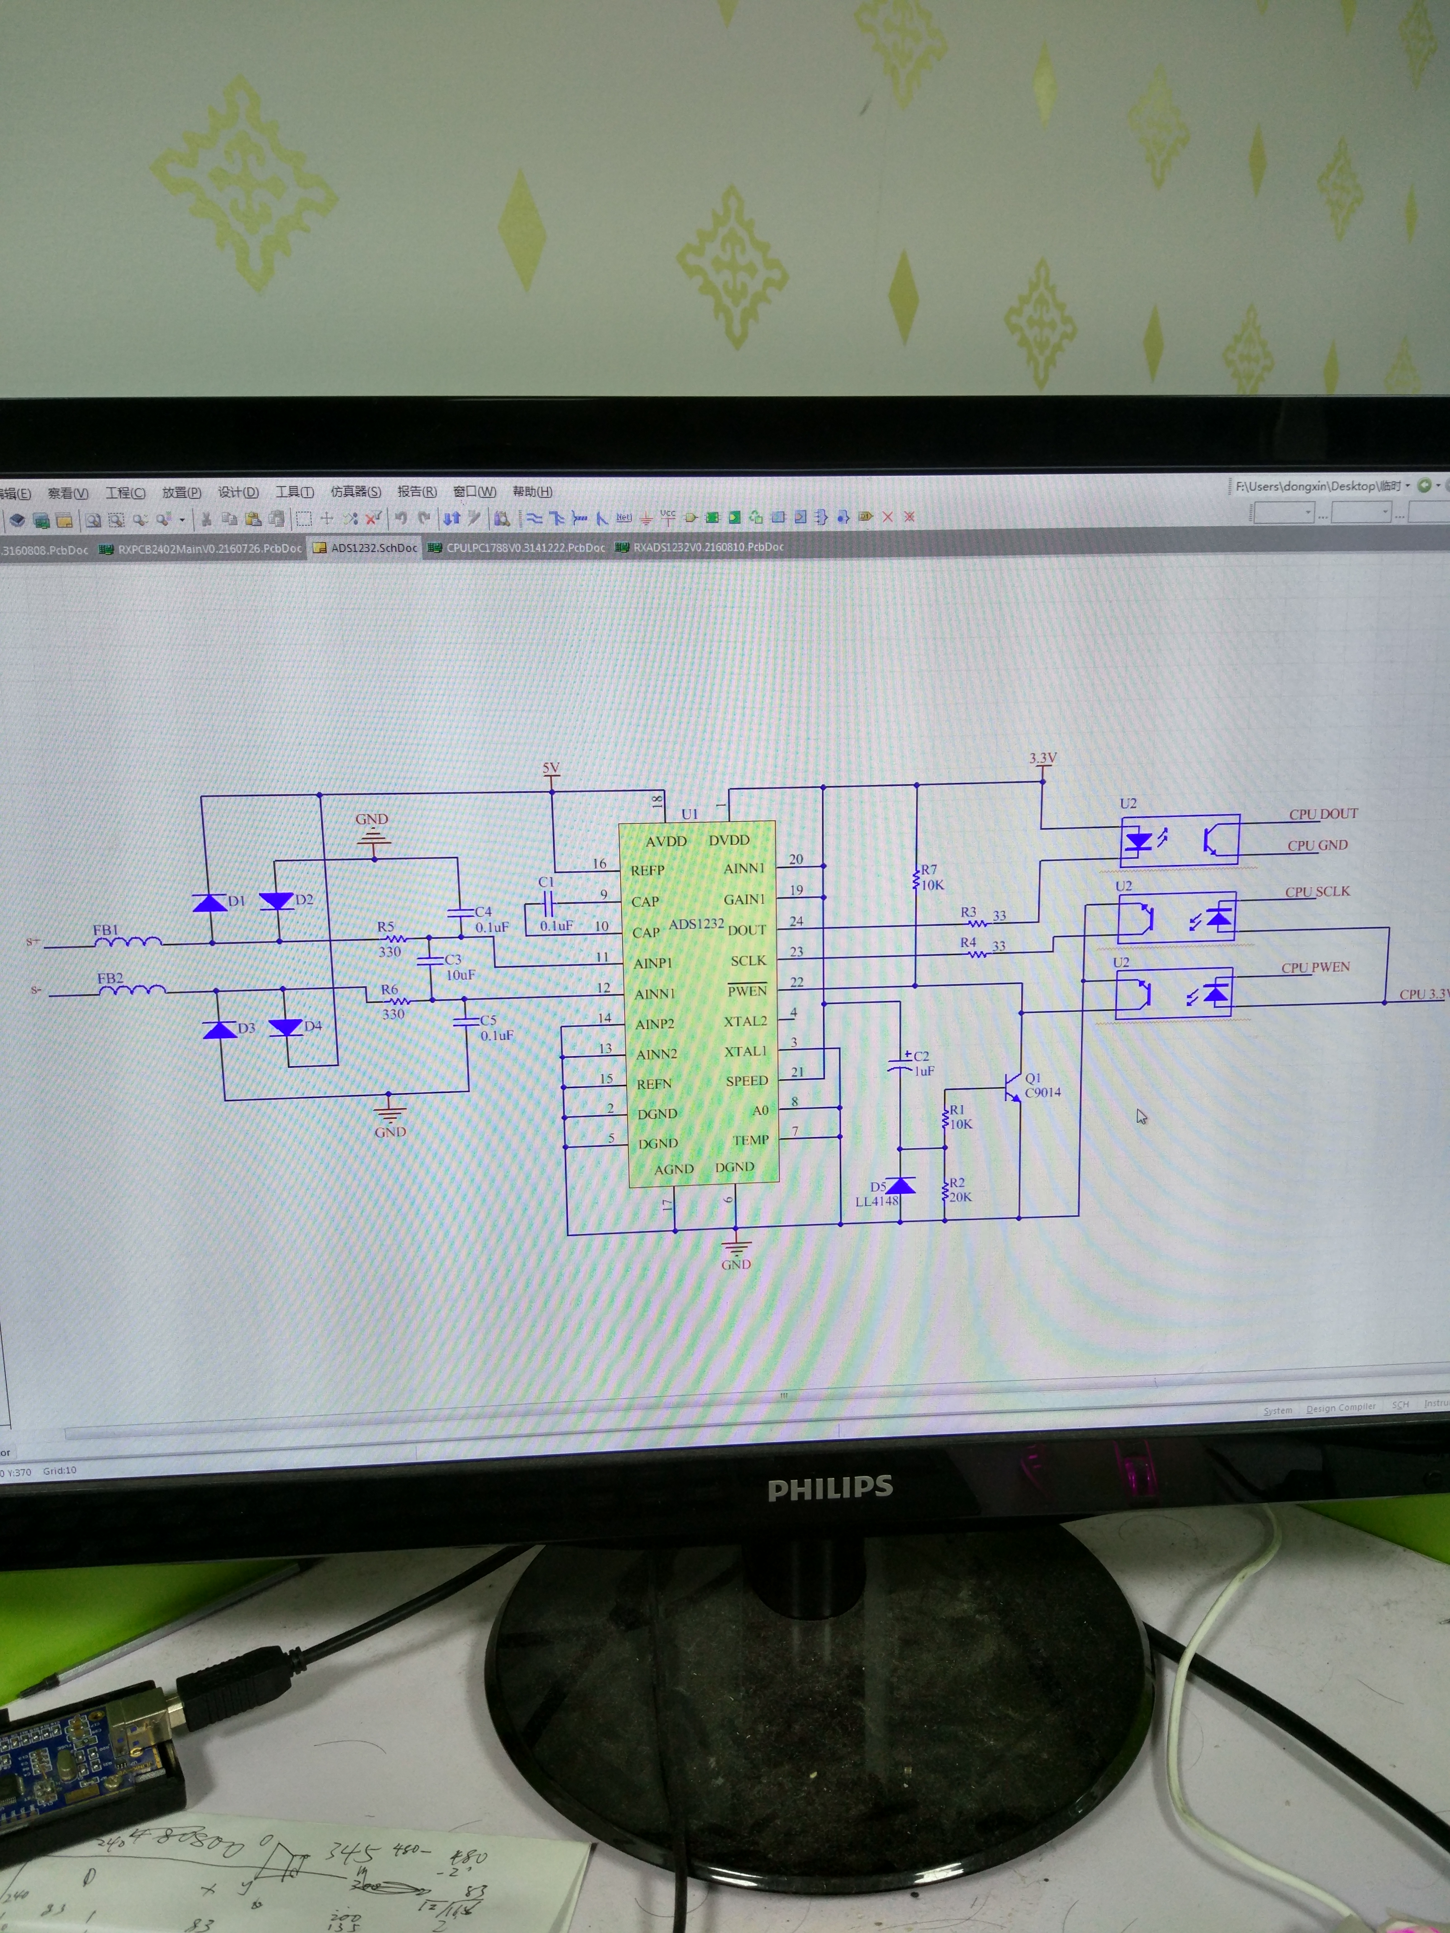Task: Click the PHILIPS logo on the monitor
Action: [x=829, y=1488]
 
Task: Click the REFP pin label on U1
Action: [x=648, y=870]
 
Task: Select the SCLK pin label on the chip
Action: [x=748, y=960]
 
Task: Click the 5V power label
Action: [x=550, y=769]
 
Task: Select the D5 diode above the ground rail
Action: [x=900, y=1186]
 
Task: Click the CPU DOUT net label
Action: [x=1323, y=813]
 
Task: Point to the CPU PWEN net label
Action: [x=1315, y=967]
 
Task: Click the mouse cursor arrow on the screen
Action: [x=1141, y=1116]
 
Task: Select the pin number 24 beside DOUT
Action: [x=796, y=921]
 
